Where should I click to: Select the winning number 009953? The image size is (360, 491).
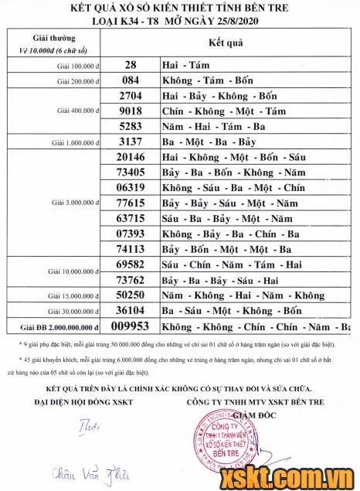[131, 326]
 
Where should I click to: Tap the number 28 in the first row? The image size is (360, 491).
[131, 66]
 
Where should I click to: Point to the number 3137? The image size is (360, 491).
[131, 142]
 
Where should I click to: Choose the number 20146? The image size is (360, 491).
[131, 157]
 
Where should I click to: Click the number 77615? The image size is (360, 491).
[131, 203]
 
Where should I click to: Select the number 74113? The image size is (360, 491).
[131, 249]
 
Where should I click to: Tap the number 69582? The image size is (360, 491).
[131, 264]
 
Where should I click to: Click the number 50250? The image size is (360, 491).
[131, 295]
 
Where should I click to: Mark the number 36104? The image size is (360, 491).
[131, 311]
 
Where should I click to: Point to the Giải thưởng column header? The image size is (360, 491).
[55, 37]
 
